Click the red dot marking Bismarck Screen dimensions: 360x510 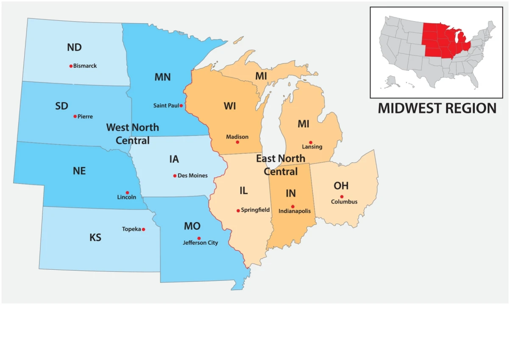point(71,66)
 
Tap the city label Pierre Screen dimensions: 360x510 point(85,116)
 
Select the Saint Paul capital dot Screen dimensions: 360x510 point(181,105)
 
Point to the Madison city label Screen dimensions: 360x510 point(237,137)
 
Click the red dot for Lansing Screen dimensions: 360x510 point(310,142)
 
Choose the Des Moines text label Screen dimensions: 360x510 point(192,175)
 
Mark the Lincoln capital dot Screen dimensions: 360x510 point(127,192)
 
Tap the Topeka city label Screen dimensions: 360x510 point(131,229)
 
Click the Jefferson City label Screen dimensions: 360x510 point(201,243)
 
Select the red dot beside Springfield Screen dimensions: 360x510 point(238,210)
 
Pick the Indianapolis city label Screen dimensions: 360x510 point(295,211)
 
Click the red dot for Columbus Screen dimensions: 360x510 point(342,197)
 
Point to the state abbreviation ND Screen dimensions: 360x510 point(74,47)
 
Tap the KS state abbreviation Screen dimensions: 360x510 point(95,237)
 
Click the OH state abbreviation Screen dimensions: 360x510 point(341,186)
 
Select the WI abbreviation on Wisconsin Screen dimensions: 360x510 point(230,106)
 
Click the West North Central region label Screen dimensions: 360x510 point(133,133)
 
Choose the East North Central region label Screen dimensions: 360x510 point(281,165)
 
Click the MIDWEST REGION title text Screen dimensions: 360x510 point(437,108)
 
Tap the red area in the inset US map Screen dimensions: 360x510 point(441,40)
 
